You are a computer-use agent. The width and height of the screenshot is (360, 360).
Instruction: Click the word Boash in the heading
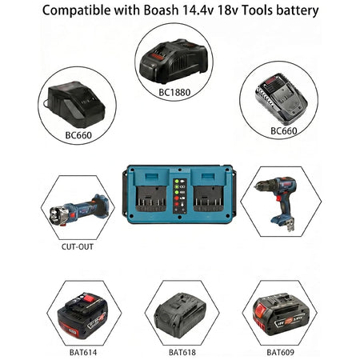click(161, 10)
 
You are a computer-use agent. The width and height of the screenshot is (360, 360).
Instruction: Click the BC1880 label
click(174, 92)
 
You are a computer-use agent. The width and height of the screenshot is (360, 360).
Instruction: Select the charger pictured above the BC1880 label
click(173, 61)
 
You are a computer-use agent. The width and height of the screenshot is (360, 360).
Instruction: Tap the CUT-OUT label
click(78, 246)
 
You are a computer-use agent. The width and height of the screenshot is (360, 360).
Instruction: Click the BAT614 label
click(83, 352)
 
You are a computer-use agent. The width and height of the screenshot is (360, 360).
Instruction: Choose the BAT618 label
click(182, 352)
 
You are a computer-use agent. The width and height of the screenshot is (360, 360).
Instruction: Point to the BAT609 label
click(280, 352)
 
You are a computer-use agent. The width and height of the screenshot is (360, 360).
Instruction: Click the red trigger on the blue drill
click(279, 198)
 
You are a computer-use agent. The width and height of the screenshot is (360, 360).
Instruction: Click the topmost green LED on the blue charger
click(177, 181)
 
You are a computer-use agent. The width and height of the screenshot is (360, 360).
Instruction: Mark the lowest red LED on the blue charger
click(177, 204)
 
